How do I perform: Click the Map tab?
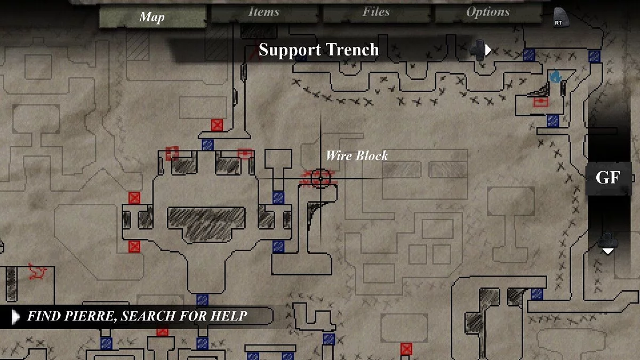click(152, 17)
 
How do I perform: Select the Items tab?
click(263, 12)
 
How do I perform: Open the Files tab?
click(376, 12)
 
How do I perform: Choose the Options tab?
click(487, 12)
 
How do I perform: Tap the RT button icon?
click(560, 18)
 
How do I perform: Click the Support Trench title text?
click(318, 50)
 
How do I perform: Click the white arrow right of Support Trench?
click(488, 50)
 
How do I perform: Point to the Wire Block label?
click(357, 156)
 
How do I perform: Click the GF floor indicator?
click(608, 178)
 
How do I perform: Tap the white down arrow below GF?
click(608, 251)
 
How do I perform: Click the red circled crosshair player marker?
click(321, 179)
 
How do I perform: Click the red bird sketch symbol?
click(37, 271)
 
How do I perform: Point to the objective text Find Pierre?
click(137, 316)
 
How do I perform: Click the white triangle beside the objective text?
click(15, 317)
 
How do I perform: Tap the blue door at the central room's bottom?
click(202, 300)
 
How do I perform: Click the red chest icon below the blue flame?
click(541, 102)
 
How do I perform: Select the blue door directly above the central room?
click(207, 145)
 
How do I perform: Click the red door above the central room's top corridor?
click(217, 125)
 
